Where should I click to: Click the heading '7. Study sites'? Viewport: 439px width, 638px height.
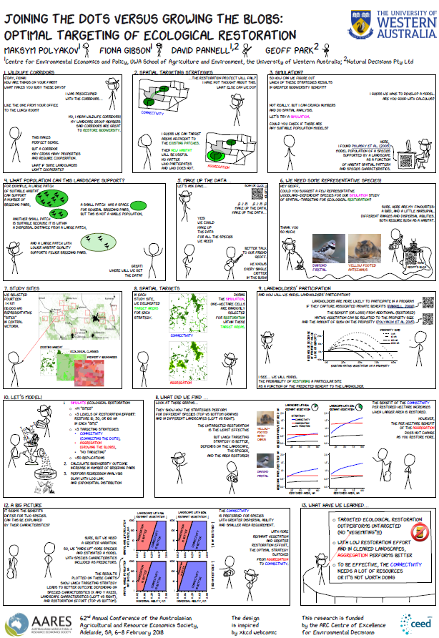coord(23,287)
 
